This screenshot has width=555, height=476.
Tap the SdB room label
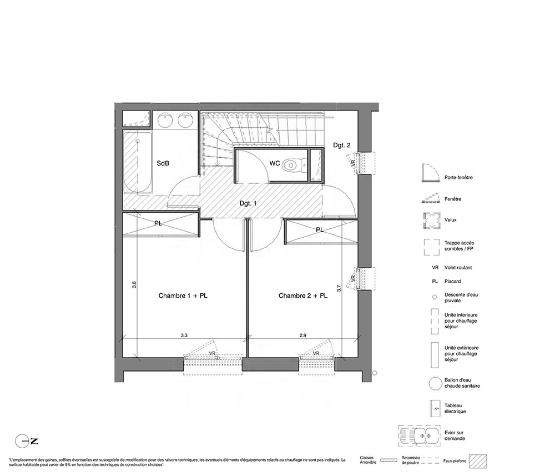[x=163, y=163]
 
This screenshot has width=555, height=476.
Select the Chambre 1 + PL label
[x=183, y=295]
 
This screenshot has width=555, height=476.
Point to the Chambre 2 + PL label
[x=303, y=295]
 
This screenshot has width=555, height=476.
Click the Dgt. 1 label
[x=248, y=203]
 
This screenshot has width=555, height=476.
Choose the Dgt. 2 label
[x=342, y=145]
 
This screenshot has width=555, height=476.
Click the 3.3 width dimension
[x=184, y=335]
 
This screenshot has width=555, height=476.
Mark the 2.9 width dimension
[x=302, y=335]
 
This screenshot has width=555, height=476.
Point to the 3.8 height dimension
[x=134, y=284]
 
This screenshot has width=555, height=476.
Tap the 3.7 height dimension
[x=339, y=288]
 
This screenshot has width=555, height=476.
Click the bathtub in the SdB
[x=138, y=163]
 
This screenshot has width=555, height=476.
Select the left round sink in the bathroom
[x=164, y=121]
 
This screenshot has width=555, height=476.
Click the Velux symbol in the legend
[x=431, y=221]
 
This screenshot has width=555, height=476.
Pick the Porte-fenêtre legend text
[x=458, y=177]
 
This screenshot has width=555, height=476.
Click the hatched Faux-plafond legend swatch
[x=478, y=461]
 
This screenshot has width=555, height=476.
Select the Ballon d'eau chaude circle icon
[x=435, y=384]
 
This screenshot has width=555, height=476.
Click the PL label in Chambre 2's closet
[x=320, y=230]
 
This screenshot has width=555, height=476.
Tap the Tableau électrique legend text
[x=455, y=408]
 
